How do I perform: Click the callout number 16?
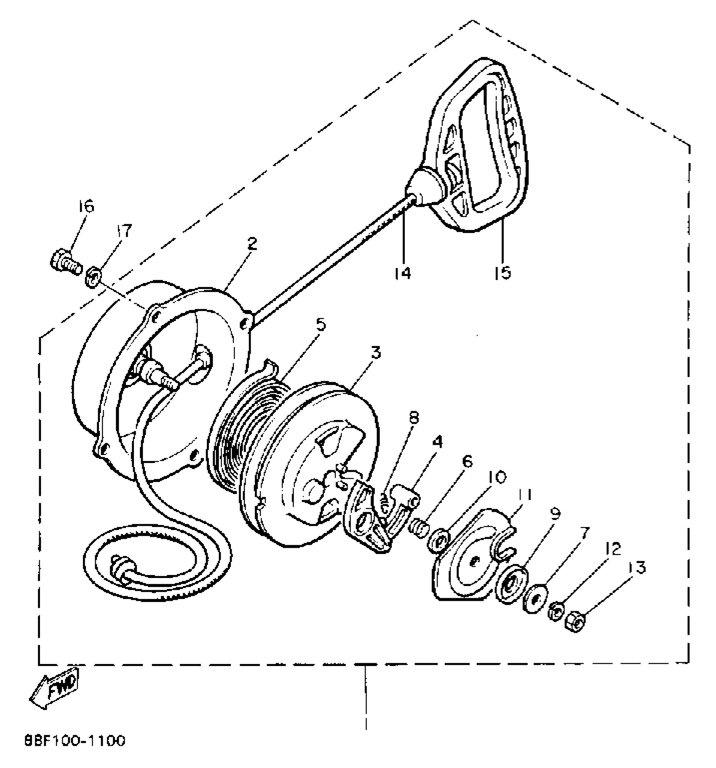(86, 207)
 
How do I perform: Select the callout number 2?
(251, 244)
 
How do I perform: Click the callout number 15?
(503, 272)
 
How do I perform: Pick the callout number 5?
(321, 324)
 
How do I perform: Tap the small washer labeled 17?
(94, 278)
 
